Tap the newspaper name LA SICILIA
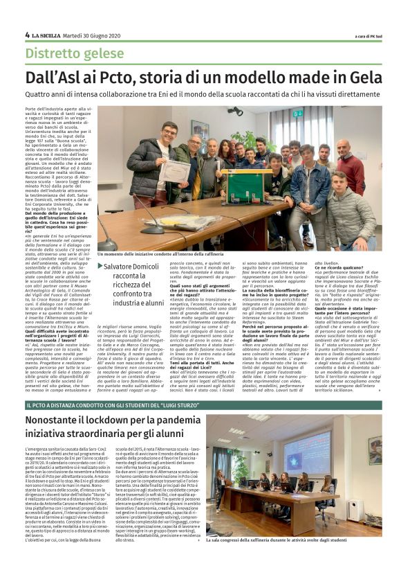click(x=44, y=35)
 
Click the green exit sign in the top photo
click(x=297, y=113)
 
